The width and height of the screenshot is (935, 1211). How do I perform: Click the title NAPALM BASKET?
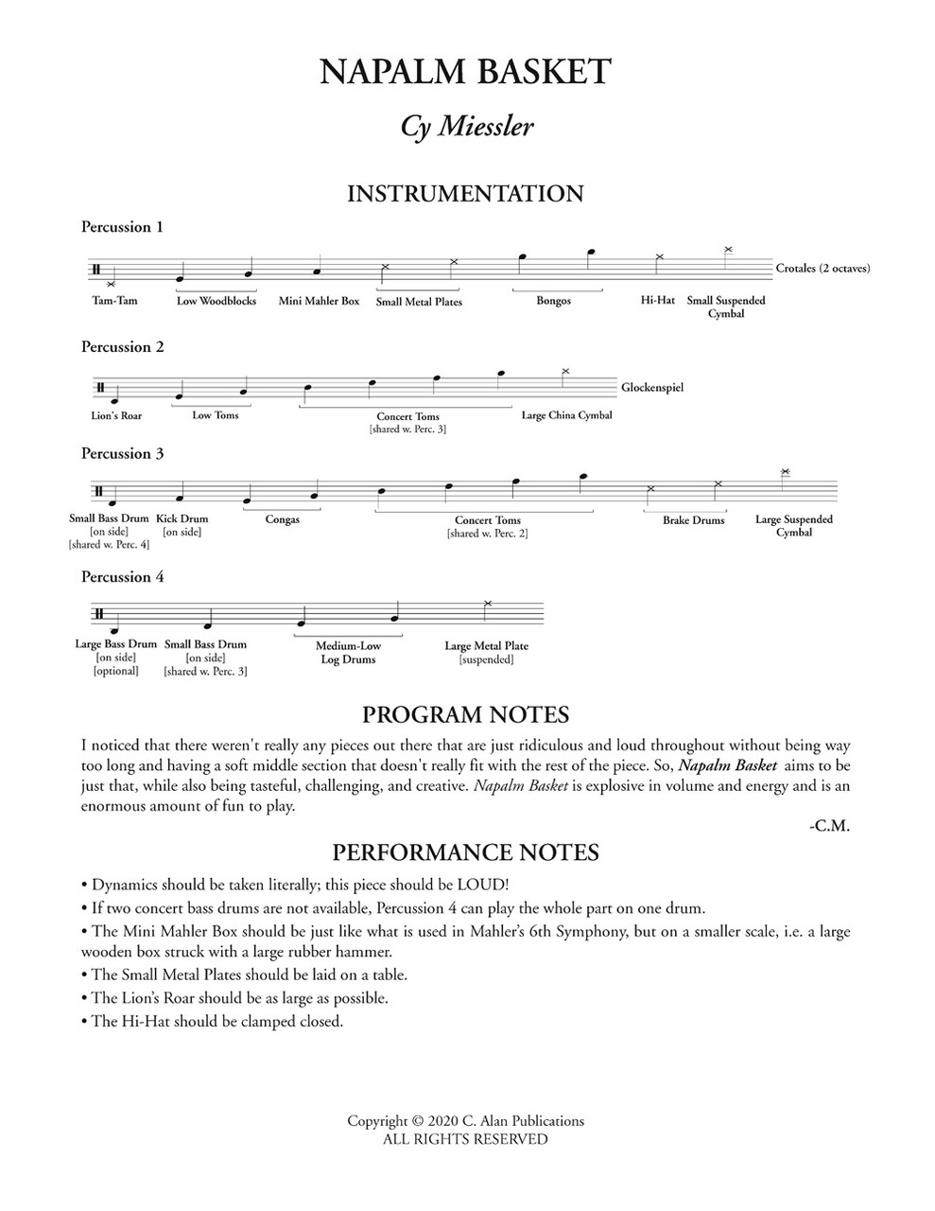(466, 72)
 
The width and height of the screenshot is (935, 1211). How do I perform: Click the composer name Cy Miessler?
(466, 127)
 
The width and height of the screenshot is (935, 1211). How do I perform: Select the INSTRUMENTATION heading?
(465, 194)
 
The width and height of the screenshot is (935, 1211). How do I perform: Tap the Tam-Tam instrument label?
(114, 301)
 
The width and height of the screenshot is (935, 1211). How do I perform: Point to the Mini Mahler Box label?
(319, 301)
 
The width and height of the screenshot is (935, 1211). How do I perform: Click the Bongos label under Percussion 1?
(553, 301)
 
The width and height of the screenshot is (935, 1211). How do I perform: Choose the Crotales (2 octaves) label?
(822, 268)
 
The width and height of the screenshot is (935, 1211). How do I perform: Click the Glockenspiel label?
(652, 387)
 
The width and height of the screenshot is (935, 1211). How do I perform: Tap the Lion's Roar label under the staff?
(117, 415)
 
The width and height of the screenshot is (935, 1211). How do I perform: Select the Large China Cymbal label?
(566, 415)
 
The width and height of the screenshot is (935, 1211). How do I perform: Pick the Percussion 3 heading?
(123, 454)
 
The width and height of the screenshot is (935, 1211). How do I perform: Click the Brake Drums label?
(693, 520)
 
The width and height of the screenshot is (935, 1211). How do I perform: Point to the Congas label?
(282, 519)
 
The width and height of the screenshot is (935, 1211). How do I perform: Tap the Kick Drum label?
(182, 518)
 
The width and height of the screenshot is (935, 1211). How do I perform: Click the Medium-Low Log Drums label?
(348, 653)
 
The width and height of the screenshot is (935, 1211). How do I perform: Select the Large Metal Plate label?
(486, 646)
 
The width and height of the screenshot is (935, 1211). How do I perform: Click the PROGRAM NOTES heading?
(465, 714)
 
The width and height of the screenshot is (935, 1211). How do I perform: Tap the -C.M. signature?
(829, 826)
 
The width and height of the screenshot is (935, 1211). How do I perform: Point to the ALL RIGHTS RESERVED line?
(465, 1139)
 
